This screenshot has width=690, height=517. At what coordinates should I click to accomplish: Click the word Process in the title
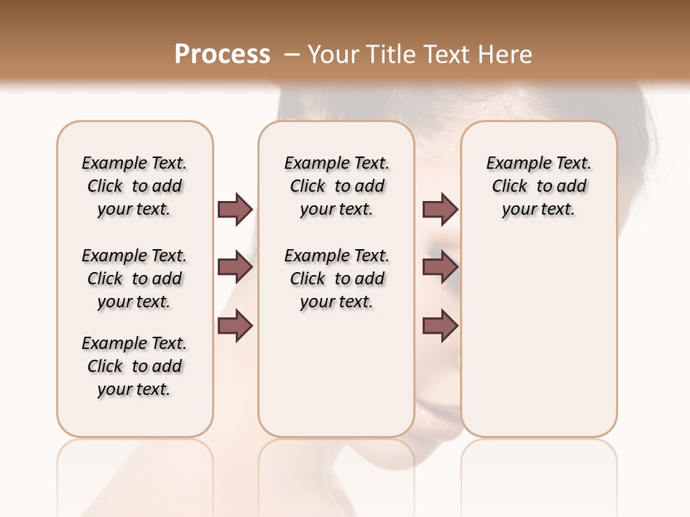[222, 55]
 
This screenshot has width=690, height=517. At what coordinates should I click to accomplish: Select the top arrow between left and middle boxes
[235, 209]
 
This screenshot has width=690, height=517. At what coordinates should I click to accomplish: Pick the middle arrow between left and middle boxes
[235, 268]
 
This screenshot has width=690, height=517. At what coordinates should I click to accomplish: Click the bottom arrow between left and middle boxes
[235, 327]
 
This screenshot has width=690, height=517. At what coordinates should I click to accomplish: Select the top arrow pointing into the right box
[440, 209]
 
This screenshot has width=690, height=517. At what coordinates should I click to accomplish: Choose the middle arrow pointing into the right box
[440, 268]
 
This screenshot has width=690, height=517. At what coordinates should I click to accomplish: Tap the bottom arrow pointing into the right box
[440, 327]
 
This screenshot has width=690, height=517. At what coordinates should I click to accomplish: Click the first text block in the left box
[134, 186]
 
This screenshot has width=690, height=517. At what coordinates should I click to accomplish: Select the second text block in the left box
[134, 279]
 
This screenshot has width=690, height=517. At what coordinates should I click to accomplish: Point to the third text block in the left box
[134, 366]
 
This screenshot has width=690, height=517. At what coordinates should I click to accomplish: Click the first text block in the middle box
[336, 186]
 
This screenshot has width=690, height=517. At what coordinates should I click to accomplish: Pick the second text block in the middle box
[336, 279]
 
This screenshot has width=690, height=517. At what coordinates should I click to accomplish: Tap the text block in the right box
[539, 186]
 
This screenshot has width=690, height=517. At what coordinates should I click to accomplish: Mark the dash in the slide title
[291, 55]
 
